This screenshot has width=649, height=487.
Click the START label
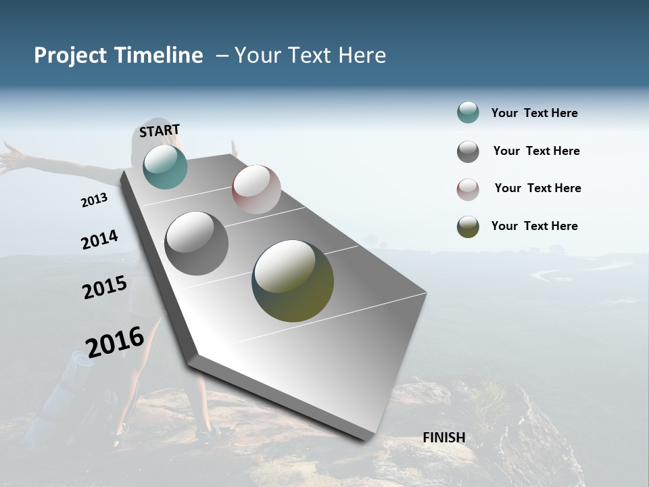click(x=160, y=131)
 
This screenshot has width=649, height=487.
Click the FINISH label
click(x=443, y=438)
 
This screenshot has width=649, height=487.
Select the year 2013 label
click(x=94, y=200)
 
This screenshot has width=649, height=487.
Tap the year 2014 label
click(x=99, y=239)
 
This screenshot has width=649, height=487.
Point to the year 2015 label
click(x=104, y=287)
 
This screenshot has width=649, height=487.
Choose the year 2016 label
click(x=115, y=342)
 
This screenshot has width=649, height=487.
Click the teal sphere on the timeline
click(x=165, y=167)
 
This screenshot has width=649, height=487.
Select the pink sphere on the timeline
click(x=256, y=189)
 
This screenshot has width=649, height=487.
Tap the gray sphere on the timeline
click(x=196, y=243)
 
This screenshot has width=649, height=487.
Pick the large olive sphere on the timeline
click(x=293, y=281)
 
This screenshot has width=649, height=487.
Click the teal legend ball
click(x=468, y=113)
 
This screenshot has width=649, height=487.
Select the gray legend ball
click(x=468, y=152)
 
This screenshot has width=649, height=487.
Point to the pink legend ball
click(x=468, y=189)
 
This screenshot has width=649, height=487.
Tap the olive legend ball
click(x=468, y=227)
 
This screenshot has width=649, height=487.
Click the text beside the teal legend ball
click(x=534, y=113)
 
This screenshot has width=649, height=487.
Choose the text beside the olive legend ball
click(x=534, y=226)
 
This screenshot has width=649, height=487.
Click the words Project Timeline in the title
click(x=118, y=55)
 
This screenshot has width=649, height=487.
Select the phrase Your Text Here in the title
click(x=310, y=55)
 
